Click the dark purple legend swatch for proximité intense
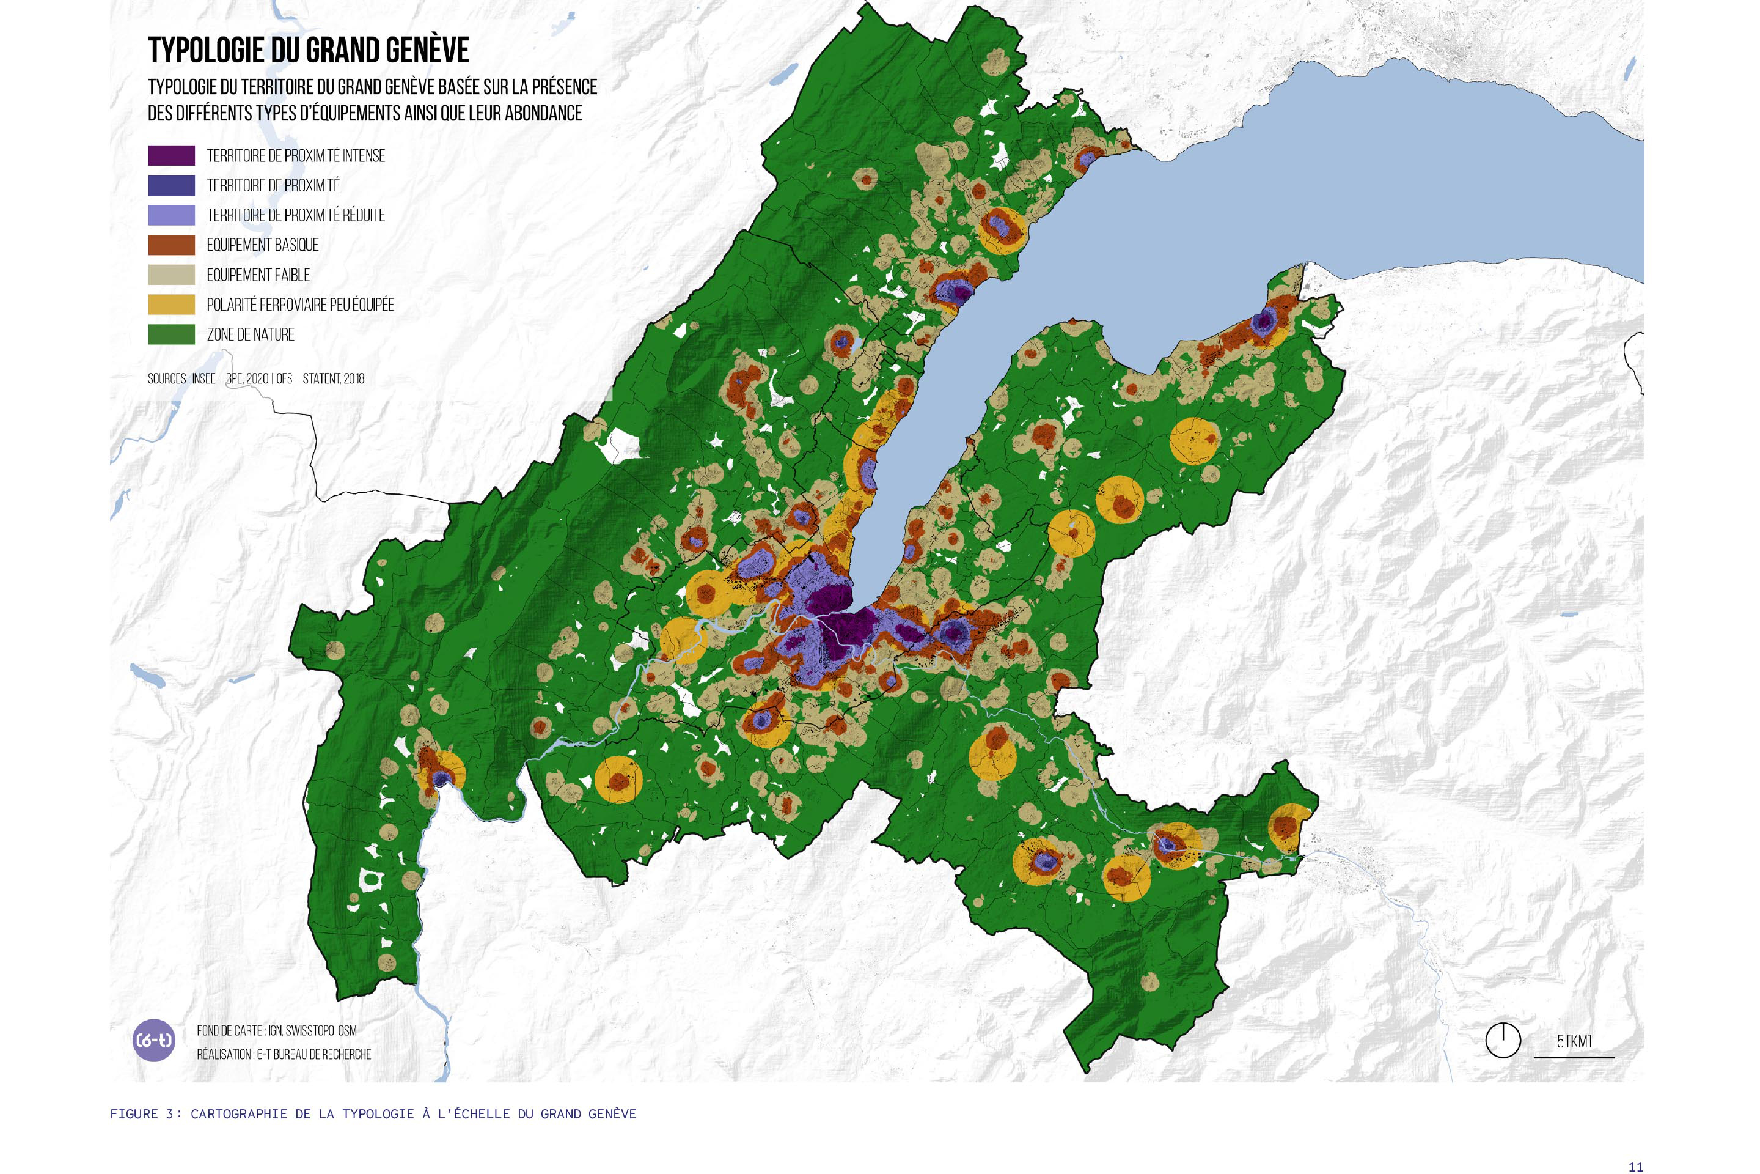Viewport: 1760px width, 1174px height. [171, 156]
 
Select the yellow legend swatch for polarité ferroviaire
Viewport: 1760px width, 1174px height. [171, 305]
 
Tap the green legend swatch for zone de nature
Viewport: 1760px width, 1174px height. [171, 334]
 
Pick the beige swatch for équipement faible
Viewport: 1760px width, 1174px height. [171, 275]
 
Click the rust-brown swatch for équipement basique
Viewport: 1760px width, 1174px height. [171, 245]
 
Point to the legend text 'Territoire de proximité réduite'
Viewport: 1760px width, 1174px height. [296, 216]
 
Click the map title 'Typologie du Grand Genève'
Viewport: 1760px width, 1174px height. [308, 50]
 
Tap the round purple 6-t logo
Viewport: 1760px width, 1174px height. [153, 1040]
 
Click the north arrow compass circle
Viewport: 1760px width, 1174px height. [1503, 1040]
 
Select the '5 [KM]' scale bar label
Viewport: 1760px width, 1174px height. [1574, 1041]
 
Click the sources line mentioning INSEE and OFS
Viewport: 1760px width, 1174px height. [256, 379]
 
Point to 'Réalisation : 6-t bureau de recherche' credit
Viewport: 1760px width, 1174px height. [284, 1054]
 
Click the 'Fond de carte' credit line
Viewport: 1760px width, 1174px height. [277, 1031]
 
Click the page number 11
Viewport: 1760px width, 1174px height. [1635, 1167]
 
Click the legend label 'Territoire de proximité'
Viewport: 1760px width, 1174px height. [273, 186]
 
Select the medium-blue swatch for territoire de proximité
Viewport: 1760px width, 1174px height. [171, 186]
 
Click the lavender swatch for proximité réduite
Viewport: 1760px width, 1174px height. [171, 216]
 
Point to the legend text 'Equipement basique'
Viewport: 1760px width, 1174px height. [263, 246]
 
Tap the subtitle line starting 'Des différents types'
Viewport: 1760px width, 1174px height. [364, 114]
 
